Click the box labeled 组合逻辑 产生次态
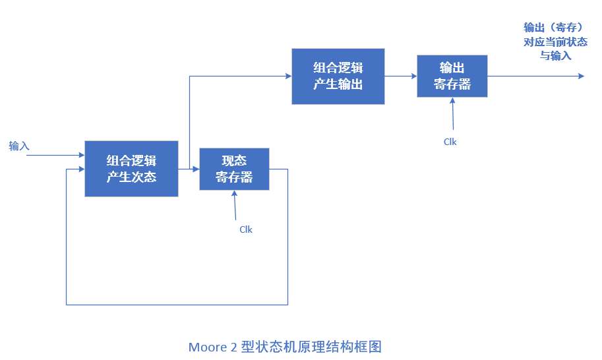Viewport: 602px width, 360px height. (131, 169)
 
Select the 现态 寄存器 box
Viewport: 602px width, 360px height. (234, 169)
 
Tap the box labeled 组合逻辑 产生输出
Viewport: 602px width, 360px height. (338, 76)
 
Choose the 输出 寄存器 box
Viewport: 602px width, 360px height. (452, 76)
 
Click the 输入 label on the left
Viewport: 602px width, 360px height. (19, 146)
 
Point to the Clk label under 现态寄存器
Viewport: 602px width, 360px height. (245, 229)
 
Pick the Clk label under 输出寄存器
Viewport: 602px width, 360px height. (450, 142)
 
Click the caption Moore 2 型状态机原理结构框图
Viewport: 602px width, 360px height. (285, 347)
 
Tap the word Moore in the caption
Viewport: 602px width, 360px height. (207, 347)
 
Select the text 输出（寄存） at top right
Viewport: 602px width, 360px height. (554, 27)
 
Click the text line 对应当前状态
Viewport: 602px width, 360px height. (555, 42)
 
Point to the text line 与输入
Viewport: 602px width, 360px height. (555, 56)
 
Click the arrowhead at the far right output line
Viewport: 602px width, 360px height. (581, 76)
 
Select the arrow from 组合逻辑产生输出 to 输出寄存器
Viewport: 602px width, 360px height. (400, 76)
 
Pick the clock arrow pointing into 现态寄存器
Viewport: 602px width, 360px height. (235, 205)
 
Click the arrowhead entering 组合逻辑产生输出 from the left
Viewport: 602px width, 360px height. (288, 76)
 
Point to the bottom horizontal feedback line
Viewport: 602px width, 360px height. (177, 305)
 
